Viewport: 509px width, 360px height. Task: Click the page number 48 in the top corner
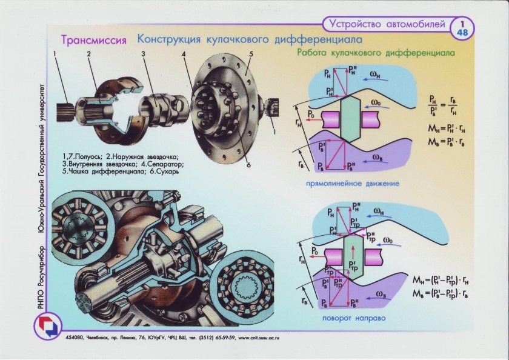tap(462, 32)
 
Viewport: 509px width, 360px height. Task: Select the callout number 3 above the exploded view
tap(144, 55)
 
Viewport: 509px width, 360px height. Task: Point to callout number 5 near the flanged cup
tap(249, 54)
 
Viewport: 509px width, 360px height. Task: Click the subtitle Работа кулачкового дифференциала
tap(376, 53)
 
